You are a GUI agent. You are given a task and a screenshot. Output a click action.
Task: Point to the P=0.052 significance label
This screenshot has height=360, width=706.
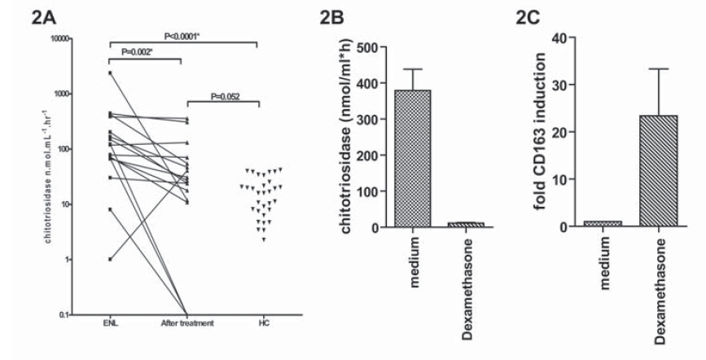tap(222, 95)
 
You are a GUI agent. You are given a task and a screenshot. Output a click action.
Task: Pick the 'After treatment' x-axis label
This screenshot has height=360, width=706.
tap(189, 324)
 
